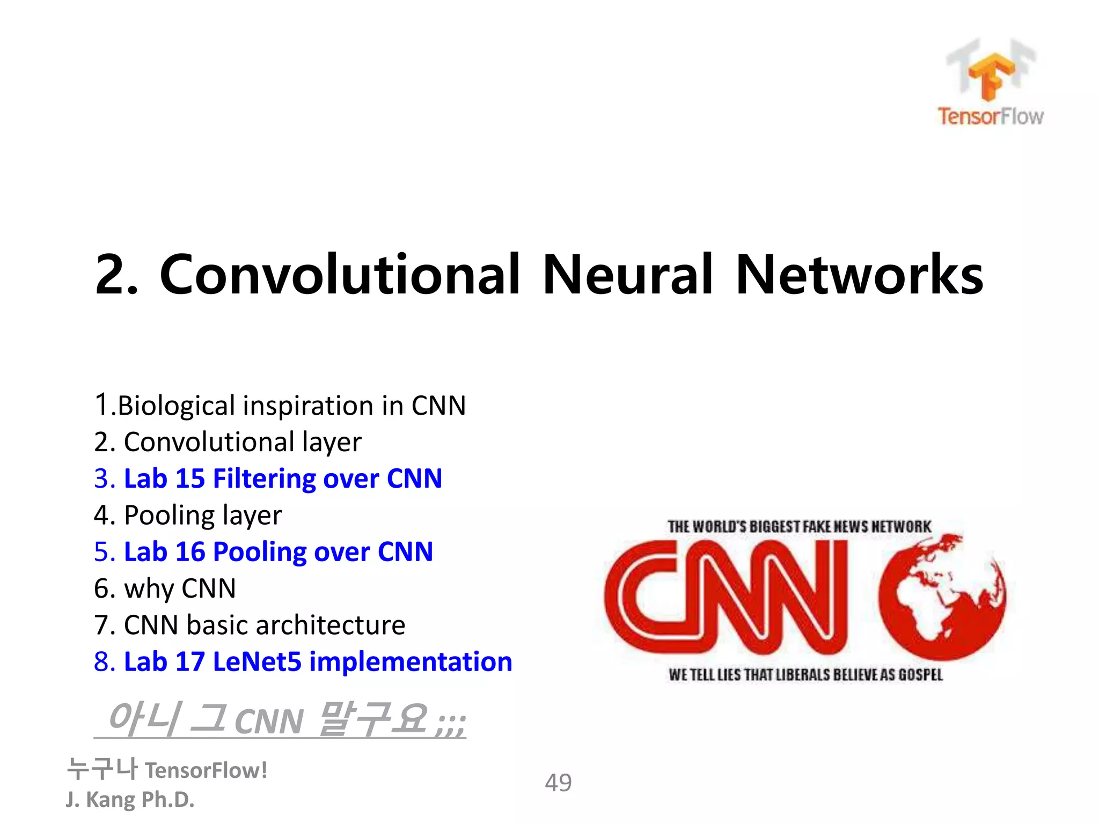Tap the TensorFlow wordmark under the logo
point(991,116)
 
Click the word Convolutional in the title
point(340,274)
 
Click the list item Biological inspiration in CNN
point(280,406)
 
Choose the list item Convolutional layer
point(228,442)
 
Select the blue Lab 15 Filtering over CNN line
point(268,479)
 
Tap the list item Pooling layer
point(187,516)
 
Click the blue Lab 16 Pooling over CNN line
point(263,552)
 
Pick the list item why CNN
point(165,588)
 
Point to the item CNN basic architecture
point(250,625)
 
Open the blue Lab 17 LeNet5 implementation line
point(303,661)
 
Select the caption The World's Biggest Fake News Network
point(800,527)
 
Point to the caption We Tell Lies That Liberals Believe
point(805,675)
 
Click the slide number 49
point(558,783)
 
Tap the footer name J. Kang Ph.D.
point(130,799)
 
